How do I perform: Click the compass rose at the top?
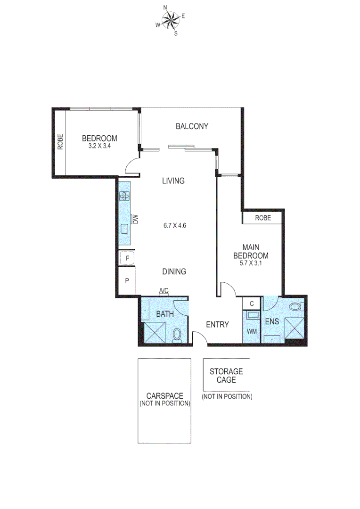(x=171, y=20)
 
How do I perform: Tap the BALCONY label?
(x=192, y=126)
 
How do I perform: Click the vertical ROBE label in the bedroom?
(x=60, y=142)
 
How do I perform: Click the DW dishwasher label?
(x=135, y=219)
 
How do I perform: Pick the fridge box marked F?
(x=127, y=258)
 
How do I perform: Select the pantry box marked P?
(x=127, y=281)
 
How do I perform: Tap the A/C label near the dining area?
(x=164, y=291)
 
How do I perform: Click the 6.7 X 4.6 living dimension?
(x=175, y=225)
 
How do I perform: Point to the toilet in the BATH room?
(x=177, y=334)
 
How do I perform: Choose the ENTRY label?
(x=217, y=325)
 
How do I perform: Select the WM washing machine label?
(x=252, y=331)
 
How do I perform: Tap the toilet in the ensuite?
(x=295, y=307)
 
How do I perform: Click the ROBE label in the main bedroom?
(x=262, y=218)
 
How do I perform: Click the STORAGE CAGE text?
(x=226, y=376)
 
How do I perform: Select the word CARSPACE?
(x=164, y=396)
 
